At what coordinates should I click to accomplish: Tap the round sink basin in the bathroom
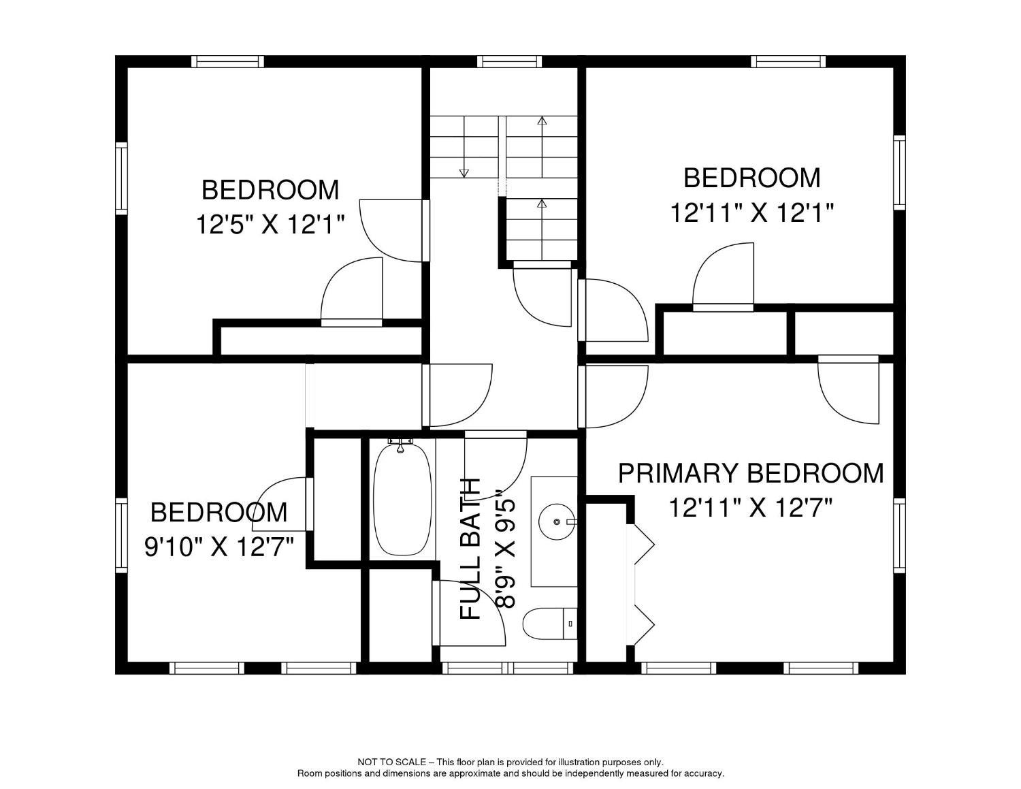[556, 522]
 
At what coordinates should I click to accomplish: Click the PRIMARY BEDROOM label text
[751, 472]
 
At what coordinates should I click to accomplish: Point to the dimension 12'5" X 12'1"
[270, 224]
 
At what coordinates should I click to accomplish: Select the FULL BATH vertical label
[471, 549]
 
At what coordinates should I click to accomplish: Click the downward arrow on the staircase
[464, 172]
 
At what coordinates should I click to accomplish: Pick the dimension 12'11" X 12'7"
[751, 507]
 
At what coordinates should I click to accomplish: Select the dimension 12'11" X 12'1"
[752, 213]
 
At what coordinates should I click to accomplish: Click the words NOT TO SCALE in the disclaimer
[391, 762]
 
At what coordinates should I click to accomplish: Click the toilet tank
[570, 623]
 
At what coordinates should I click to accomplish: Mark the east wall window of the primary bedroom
[899, 535]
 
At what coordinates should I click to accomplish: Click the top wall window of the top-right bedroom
[788, 61]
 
